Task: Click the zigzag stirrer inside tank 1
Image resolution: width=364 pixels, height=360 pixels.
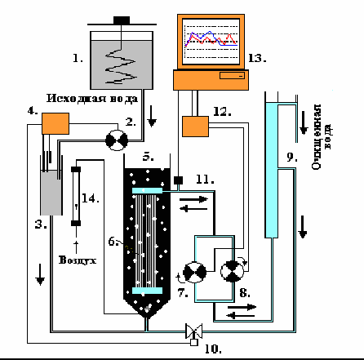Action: pos(120,66)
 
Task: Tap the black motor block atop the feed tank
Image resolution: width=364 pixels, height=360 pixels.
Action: pos(122,20)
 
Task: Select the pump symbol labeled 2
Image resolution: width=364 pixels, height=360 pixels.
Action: pos(117,140)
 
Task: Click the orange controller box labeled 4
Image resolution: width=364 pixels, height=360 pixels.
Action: pos(55,123)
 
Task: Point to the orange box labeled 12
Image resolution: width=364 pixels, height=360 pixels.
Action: pos(195,127)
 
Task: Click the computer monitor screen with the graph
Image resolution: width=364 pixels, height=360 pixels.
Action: pos(211,42)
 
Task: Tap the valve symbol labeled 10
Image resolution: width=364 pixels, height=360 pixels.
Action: pos(193,331)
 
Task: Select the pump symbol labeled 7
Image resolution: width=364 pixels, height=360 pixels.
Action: pos(194,272)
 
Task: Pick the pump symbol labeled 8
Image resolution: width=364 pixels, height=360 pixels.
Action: pos(232,271)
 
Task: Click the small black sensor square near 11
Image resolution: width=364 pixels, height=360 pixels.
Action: pos(178,180)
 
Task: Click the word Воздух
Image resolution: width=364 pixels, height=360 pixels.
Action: pos(78,260)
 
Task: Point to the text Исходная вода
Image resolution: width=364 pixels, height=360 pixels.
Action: pos(92,99)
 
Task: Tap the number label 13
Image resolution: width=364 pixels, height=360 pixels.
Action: pos(257,58)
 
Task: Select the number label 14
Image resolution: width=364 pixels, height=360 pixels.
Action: pos(91,198)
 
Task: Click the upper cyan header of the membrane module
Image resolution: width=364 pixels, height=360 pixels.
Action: pos(147,190)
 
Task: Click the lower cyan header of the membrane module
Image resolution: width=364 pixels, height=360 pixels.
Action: pos(147,291)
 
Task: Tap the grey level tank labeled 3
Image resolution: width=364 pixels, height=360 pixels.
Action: pos(51,193)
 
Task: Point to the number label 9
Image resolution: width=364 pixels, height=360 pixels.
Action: pos(292,158)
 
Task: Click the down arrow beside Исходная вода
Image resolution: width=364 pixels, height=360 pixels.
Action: pos(152,119)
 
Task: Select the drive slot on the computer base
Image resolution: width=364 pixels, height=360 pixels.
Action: pos(232,76)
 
